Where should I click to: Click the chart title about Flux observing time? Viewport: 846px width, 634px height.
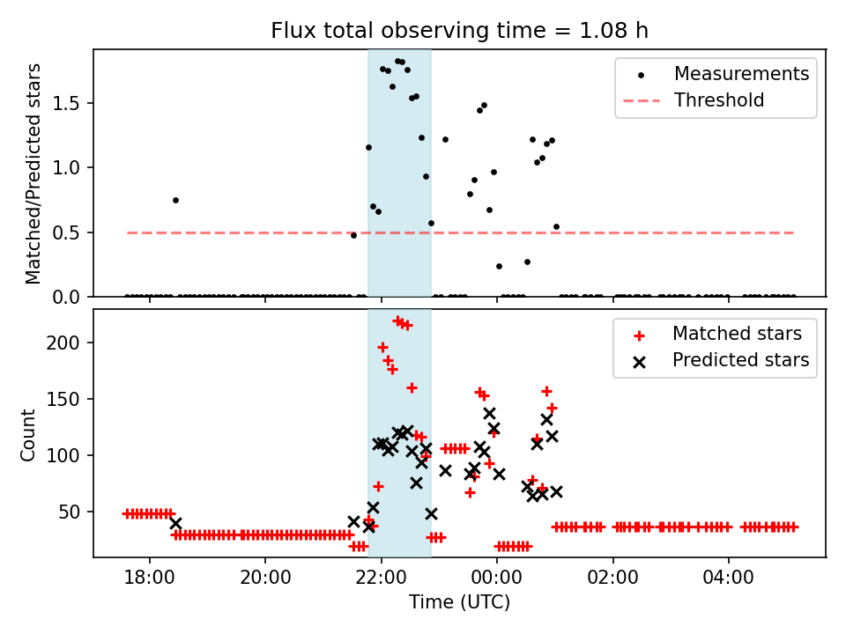[x=459, y=31]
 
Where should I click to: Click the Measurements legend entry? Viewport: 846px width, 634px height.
[x=741, y=74]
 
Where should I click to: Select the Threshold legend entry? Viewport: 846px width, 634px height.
[x=719, y=100]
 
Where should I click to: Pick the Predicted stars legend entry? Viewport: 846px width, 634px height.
[x=740, y=360]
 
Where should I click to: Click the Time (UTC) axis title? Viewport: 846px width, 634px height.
[x=459, y=603]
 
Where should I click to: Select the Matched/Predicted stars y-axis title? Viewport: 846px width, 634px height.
[x=33, y=173]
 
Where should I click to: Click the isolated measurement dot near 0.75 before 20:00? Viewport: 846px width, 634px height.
[x=175, y=200]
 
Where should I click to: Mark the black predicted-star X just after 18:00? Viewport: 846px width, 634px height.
[x=175, y=523]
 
